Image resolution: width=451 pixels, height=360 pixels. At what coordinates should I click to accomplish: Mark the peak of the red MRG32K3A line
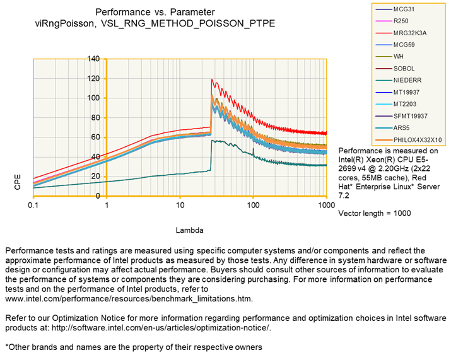pyautogui.click(x=212, y=79)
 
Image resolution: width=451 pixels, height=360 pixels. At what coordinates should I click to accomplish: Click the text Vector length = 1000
pyautogui.click(x=375, y=213)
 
